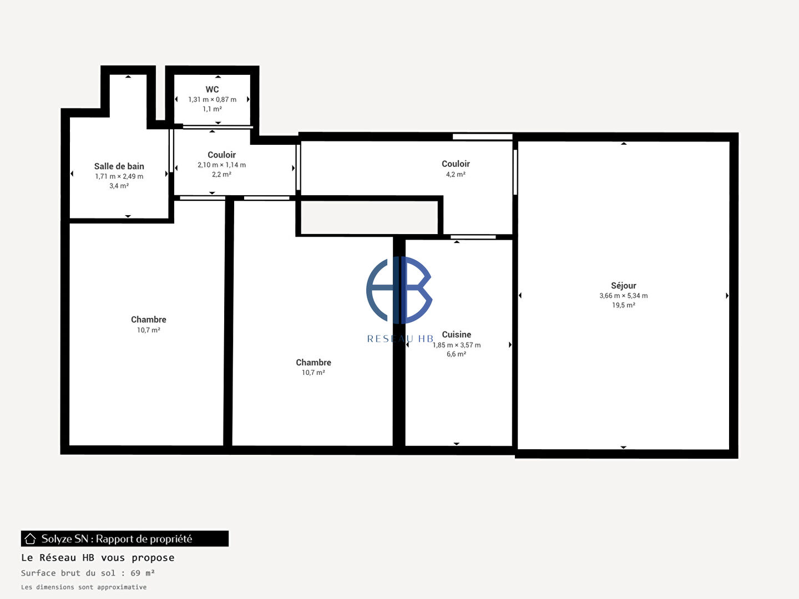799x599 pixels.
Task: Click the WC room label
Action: click(x=212, y=89)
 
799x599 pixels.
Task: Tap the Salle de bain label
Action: click(x=119, y=166)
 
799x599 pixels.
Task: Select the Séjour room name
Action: click(x=624, y=286)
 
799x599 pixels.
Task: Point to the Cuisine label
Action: click(x=457, y=334)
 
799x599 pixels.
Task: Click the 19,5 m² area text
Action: click(x=624, y=305)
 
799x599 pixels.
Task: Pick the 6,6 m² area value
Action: click(x=457, y=354)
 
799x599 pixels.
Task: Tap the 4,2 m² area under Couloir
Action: click(x=456, y=174)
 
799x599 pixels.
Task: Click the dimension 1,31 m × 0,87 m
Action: click(x=212, y=99)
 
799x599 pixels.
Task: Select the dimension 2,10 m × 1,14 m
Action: click(x=222, y=165)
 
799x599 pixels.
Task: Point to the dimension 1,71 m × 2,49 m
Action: click(x=119, y=176)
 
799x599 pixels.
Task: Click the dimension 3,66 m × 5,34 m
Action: click(x=624, y=296)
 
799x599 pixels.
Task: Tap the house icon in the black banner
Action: click(x=30, y=539)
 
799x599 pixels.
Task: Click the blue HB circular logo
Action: click(x=399, y=290)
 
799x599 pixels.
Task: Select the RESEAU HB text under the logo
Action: click(x=400, y=339)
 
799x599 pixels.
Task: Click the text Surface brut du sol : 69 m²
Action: click(x=88, y=573)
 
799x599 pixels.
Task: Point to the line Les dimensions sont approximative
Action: click(x=84, y=587)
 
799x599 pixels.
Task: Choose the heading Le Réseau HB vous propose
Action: click(x=98, y=557)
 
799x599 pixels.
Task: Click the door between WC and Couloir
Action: click(x=218, y=127)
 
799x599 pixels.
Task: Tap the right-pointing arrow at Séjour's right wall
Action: click(x=727, y=296)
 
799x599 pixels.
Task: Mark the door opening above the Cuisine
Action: click(x=473, y=237)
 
